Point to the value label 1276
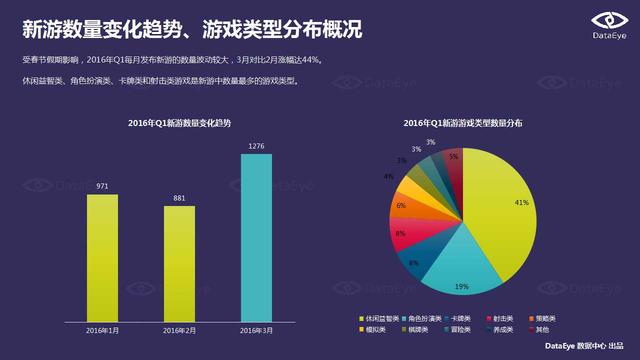point(257,146)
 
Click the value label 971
point(103,186)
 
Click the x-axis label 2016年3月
point(257,329)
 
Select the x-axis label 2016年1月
point(103,329)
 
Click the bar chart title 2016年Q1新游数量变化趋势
point(180,122)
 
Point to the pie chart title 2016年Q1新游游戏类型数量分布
point(463,122)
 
